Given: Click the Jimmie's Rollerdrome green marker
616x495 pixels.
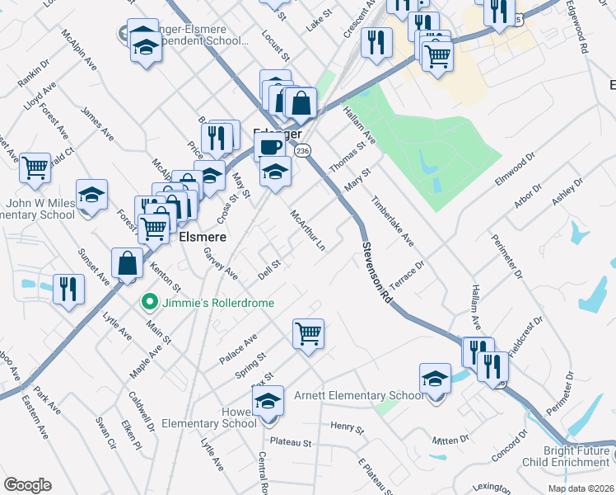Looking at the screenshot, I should click(x=149, y=302).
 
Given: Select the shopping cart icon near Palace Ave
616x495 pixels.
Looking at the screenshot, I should click(x=308, y=334).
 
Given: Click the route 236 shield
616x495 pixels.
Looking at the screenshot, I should click(x=302, y=151).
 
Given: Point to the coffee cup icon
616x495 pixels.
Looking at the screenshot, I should click(x=269, y=147).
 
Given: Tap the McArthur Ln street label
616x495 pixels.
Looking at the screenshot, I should click(x=308, y=230).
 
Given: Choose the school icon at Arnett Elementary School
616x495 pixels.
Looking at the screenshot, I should click(x=435, y=379).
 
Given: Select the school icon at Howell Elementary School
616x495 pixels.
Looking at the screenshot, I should click(x=268, y=401).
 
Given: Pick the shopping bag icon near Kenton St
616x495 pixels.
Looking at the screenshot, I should click(x=128, y=264).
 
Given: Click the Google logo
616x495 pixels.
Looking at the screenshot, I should click(x=27, y=485).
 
